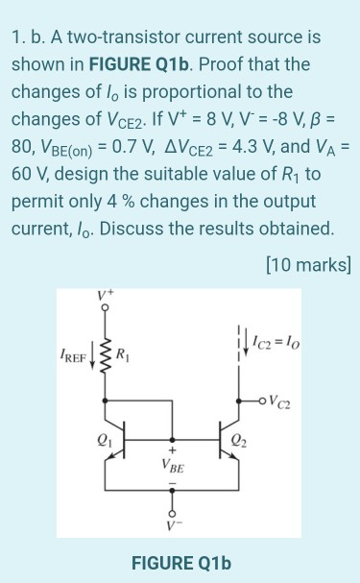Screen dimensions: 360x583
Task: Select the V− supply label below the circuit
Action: [x=173, y=525]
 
